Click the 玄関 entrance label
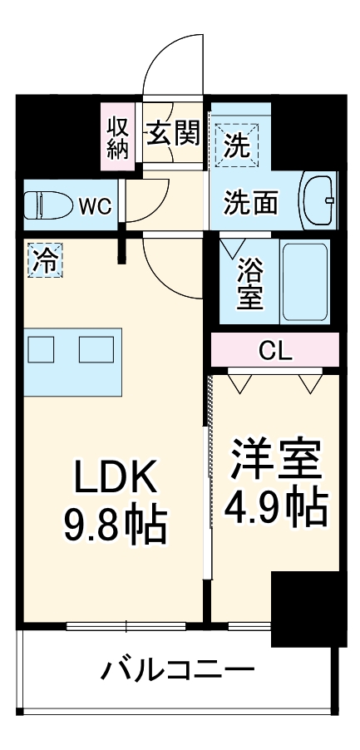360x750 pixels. (173, 133)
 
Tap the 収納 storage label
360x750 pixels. (117, 137)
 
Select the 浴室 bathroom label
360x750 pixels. (249, 283)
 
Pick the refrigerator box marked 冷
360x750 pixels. (44, 260)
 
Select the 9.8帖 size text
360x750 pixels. (115, 524)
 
